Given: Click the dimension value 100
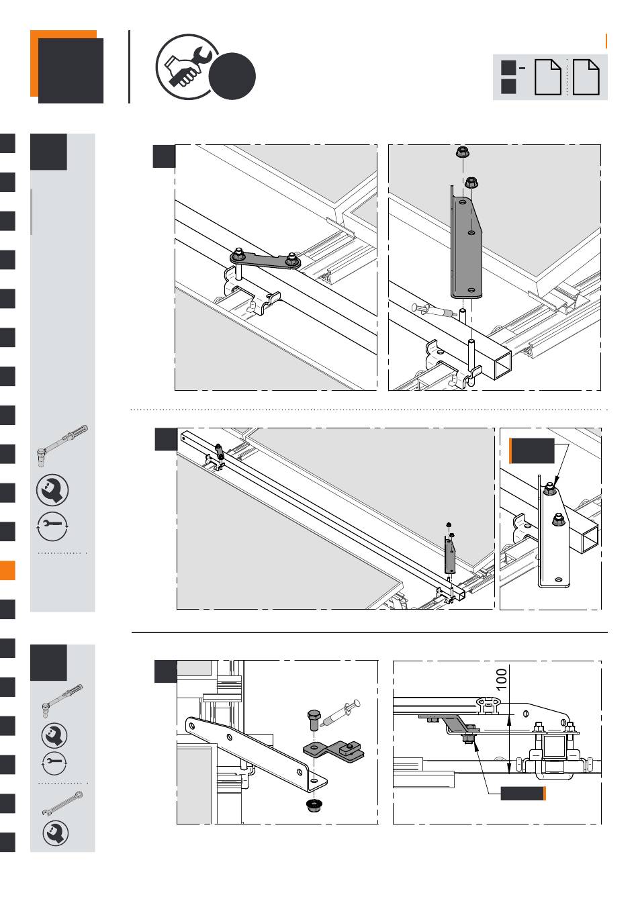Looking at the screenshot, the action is tap(502, 679).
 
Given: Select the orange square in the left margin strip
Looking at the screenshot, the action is tap(7, 570).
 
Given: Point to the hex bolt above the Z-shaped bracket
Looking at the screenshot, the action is tap(314, 720).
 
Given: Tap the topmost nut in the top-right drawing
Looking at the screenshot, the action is tap(463, 152).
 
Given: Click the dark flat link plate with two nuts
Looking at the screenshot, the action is tap(266, 261).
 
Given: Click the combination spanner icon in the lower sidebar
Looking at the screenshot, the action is tap(62, 804).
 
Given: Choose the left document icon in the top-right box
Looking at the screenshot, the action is tap(547, 77).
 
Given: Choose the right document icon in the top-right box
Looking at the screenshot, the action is tap(586, 77).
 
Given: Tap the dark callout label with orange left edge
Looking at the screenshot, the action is tap(532, 451).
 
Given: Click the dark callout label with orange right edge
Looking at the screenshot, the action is tap(523, 794).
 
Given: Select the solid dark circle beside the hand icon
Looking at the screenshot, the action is tap(232, 77).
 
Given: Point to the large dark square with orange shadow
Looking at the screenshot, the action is tap(71, 70).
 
